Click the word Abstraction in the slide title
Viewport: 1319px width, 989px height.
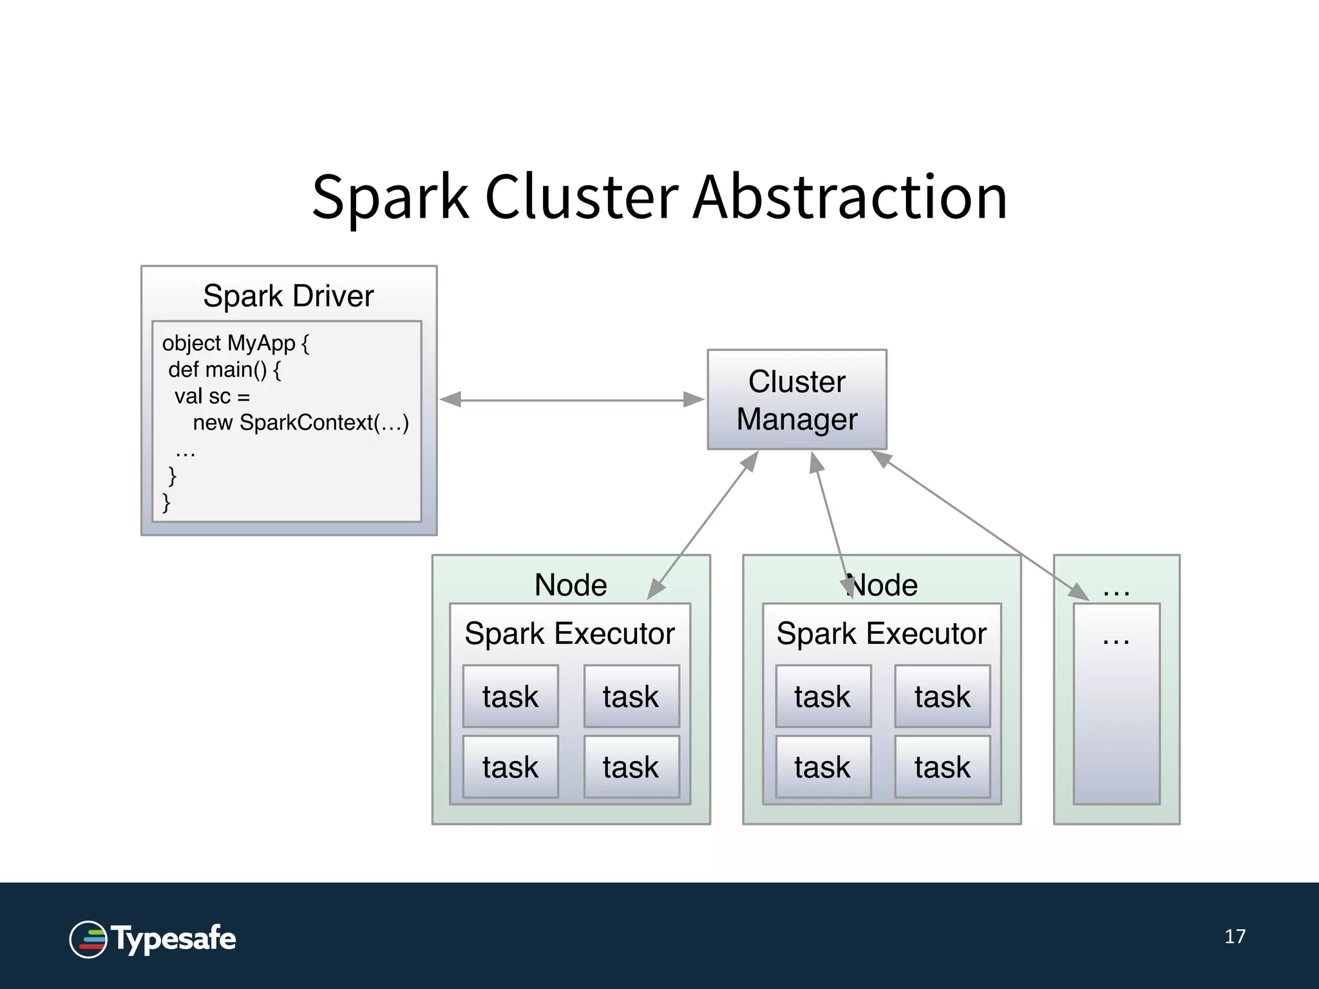[850, 197]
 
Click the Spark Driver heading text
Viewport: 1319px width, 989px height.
[288, 296]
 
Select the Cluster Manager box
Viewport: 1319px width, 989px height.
[797, 400]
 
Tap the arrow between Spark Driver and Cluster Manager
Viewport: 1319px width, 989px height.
[572, 400]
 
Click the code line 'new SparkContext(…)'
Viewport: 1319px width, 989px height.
[301, 423]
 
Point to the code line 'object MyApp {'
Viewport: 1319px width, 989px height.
[235, 343]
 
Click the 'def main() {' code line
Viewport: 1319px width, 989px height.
[224, 370]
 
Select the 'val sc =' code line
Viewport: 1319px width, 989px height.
[212, 397]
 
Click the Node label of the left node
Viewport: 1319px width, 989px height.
[570, 585]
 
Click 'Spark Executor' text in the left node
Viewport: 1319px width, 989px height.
[569, 634]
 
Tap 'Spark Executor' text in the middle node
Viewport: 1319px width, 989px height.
[881, 634]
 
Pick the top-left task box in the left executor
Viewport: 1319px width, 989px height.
[510, 697]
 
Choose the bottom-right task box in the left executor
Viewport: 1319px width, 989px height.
[631, 768]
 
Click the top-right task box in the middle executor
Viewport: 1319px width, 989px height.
[942, 697]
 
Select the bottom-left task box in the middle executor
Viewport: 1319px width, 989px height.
[822, 768]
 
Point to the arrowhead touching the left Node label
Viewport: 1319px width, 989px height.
[656, 589]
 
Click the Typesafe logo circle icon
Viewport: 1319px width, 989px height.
[88, 939]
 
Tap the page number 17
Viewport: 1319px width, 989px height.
[1235, 936]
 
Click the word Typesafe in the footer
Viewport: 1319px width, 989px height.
[174, 939]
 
